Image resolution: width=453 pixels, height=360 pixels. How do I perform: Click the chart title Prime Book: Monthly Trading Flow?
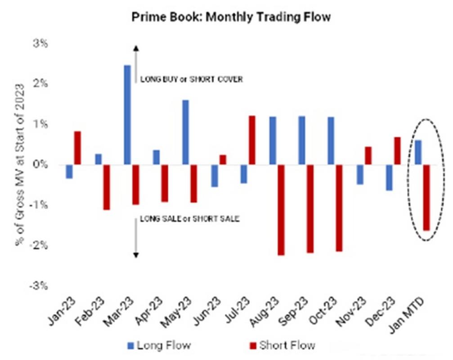[x=231, y=18]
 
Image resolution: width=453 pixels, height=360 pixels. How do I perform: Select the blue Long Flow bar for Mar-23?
[x=127, y=115]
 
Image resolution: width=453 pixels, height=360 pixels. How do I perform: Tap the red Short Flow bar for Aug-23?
[x=281, y=210]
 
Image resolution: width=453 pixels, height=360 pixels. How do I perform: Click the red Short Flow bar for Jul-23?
[x=252, y=140]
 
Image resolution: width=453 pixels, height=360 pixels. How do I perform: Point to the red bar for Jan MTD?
[x=426, y=198]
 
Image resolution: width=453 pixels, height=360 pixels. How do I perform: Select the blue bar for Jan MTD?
[x=418, y=153]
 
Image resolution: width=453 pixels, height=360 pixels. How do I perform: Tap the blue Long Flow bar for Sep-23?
[x=302, y=140]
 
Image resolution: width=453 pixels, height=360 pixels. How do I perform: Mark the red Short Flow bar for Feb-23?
[x=107, y=187]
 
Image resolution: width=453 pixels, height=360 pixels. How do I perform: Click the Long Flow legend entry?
[x=158, y=346]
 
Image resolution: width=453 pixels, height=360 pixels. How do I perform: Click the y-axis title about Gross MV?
[x=20, y=164]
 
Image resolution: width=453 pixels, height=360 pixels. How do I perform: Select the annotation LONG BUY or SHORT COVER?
[x=192, y=80]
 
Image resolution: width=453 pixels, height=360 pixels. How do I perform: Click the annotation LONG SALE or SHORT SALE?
[x=189, y=219]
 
